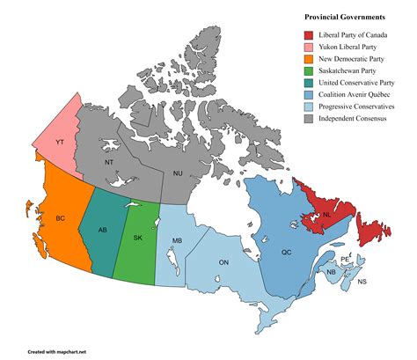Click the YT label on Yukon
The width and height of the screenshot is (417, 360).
[59, 142]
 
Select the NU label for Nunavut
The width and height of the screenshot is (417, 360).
[179, 173]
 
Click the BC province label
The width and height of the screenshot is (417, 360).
[61, 217]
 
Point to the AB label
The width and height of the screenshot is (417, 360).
[103, 230]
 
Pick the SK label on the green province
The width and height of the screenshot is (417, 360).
[137, 238]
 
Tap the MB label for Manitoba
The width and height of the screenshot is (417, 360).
[177, 240]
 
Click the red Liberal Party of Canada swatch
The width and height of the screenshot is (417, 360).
[298, 35]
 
